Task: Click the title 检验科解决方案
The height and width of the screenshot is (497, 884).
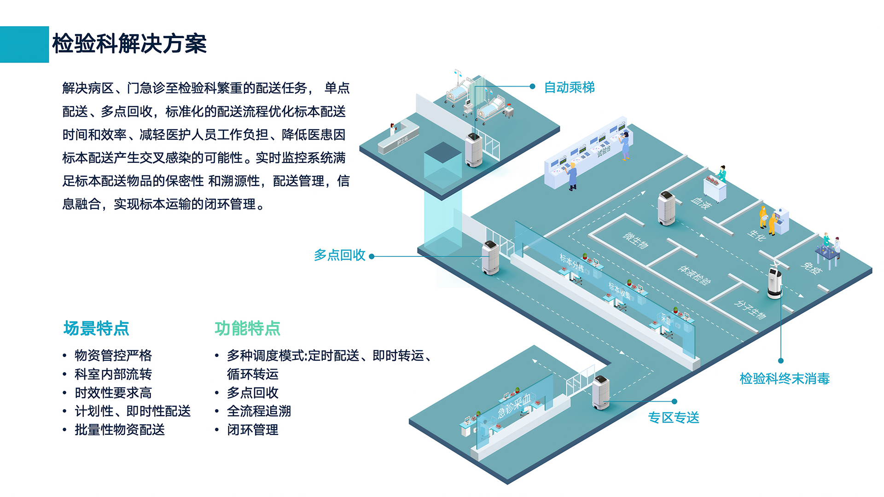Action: coord(129,44)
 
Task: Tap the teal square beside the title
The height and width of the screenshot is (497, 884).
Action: coord(24,44)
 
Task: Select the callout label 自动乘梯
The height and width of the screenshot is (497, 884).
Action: coord(569,87)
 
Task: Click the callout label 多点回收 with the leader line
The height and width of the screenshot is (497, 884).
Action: coord(339,255)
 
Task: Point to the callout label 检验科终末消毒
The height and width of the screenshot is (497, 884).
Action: coord(785,379)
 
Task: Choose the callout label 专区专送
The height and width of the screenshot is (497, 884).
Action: coord(674,417)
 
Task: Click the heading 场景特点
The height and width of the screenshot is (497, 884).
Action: coord(96,329)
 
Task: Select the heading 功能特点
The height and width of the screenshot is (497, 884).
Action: coord(247,329)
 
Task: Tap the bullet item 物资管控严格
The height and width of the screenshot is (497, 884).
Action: coord(113,355)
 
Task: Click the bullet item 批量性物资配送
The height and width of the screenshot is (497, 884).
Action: coord(120,430)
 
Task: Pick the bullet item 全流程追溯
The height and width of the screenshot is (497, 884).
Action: coord(259,411)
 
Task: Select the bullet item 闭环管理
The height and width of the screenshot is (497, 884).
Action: coord(252,430)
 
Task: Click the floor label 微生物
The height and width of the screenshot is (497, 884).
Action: coord(635,240)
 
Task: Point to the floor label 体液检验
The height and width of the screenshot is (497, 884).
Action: coord(694,275)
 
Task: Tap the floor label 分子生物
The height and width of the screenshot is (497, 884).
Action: coord(750,309)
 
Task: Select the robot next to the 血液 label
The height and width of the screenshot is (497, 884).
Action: coord(666,208)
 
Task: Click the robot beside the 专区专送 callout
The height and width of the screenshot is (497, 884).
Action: coord(601,392)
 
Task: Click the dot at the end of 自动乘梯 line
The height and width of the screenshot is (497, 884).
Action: coord(532,87)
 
